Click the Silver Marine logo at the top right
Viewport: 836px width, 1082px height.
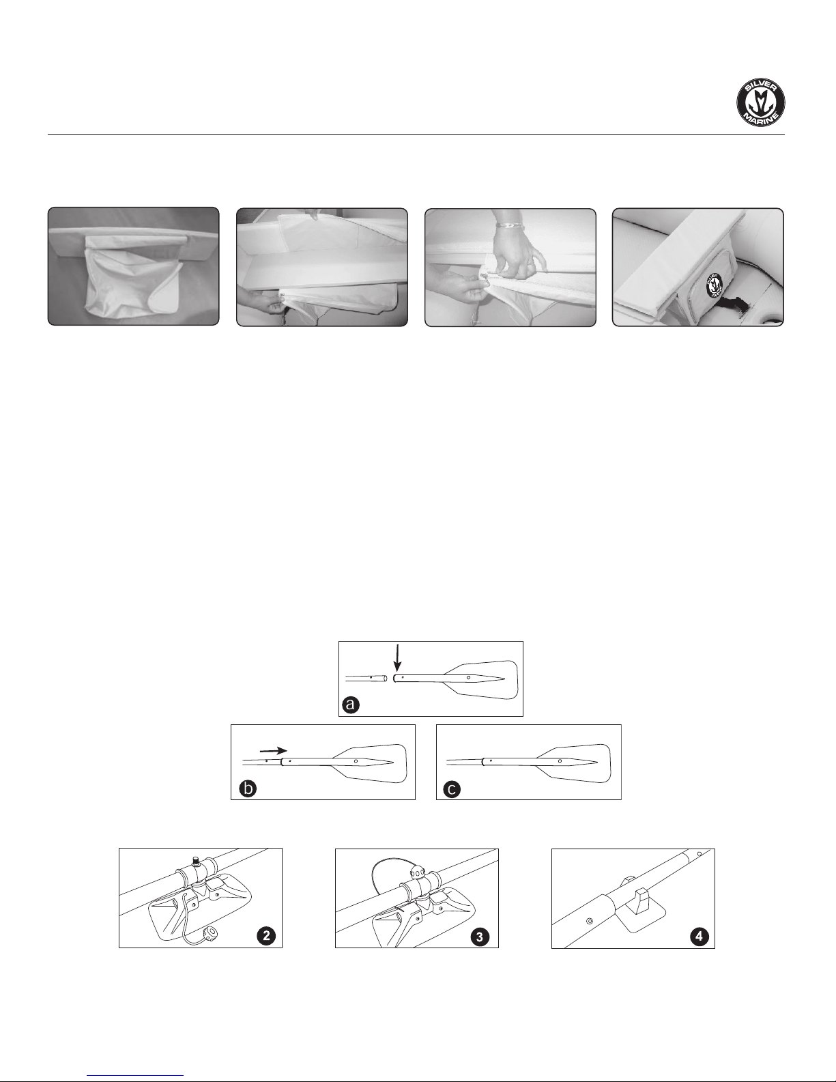[x=761, y=102]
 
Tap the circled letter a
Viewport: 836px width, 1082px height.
[x=351, y=704]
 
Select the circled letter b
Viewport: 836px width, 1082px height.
[x=248, y=788]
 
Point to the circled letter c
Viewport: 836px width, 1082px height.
[x=452, y=788]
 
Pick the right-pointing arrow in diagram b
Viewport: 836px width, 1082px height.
[x=273, y=750]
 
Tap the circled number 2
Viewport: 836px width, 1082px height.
[x=267, y=936]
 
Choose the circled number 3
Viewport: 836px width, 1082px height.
[x=480, y=937]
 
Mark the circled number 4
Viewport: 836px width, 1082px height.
[x=699, y=936]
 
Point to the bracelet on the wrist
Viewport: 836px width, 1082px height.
[x=510, y=225]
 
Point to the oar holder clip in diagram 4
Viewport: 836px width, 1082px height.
[x=637, y=896]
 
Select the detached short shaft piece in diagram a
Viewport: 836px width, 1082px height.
[x=366, y=678]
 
